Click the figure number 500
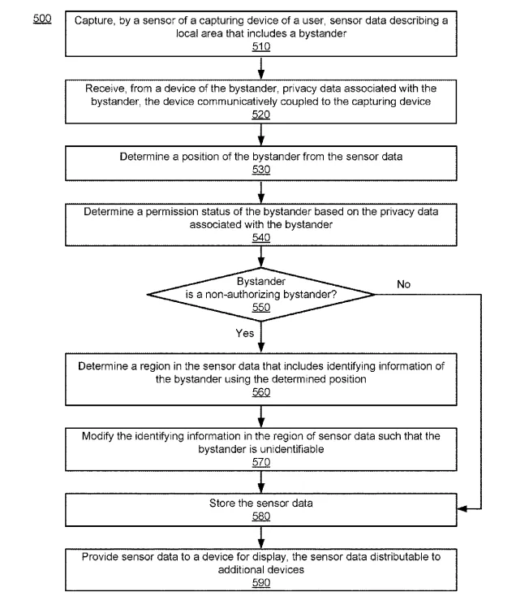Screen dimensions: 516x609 coord(42,18)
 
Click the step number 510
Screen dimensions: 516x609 coord(261,46)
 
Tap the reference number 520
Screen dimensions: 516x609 coord(261,114)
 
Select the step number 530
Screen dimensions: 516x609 coord(261,170)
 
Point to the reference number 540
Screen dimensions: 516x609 coord(261,237)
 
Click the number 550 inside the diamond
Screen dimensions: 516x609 coord(261,307)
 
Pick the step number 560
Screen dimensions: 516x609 coord(261,392)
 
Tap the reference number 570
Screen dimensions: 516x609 coord(261,462)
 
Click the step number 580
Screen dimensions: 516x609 coord(261,516)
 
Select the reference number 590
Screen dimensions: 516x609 coord(261,582)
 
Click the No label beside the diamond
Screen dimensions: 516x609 coord(403,284)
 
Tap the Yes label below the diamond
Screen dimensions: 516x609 coord(245,333)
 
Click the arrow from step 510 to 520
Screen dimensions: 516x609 coord(261,68)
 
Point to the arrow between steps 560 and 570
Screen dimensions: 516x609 coord(261,417)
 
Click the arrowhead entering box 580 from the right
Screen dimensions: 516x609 coord(462,509)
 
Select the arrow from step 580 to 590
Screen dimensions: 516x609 coord(261,538)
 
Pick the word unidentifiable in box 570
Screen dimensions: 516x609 coord(292,449)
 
